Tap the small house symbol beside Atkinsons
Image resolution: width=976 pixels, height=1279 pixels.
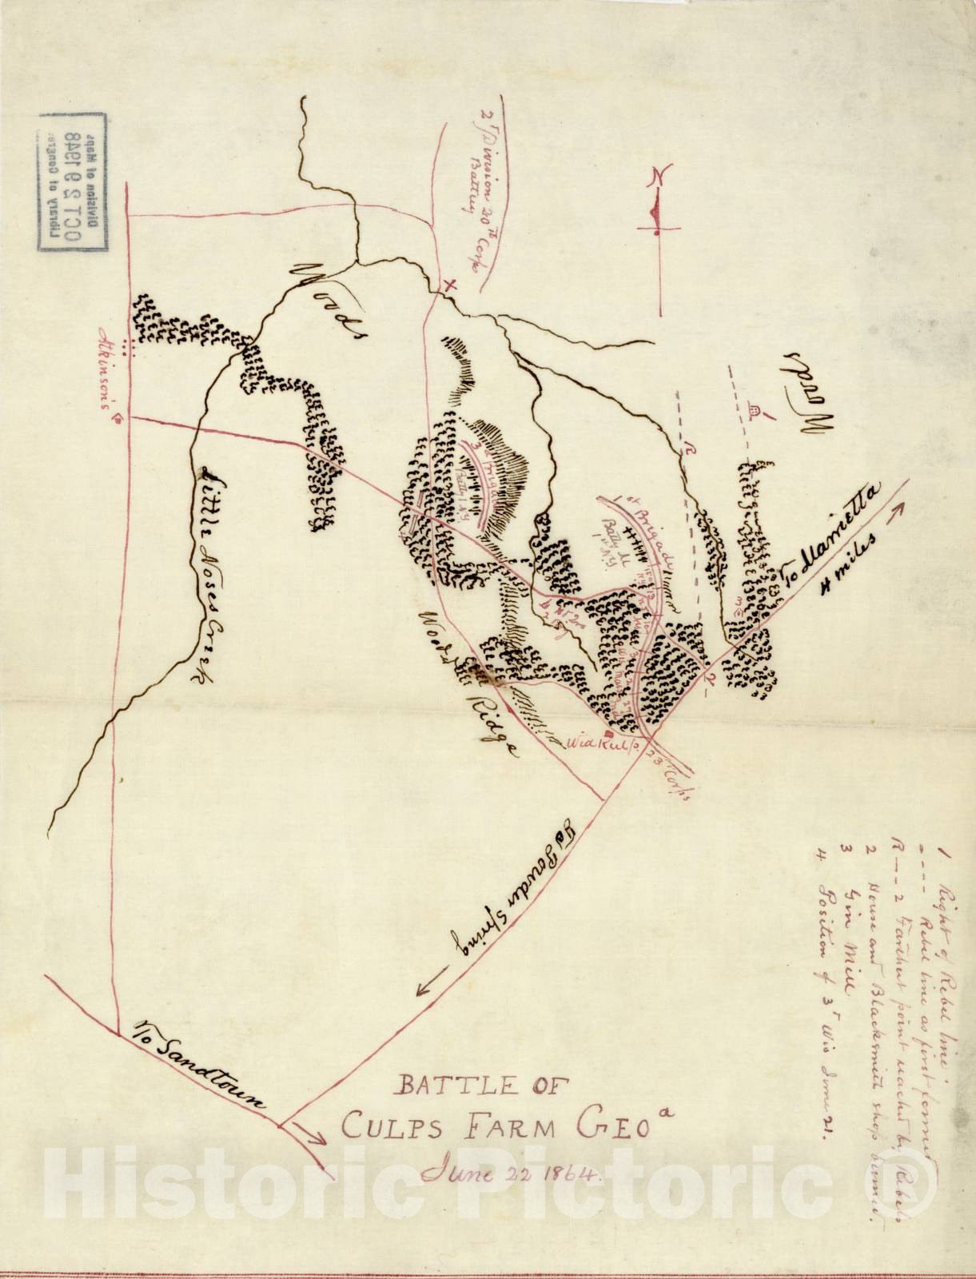[x=118, y=418]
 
